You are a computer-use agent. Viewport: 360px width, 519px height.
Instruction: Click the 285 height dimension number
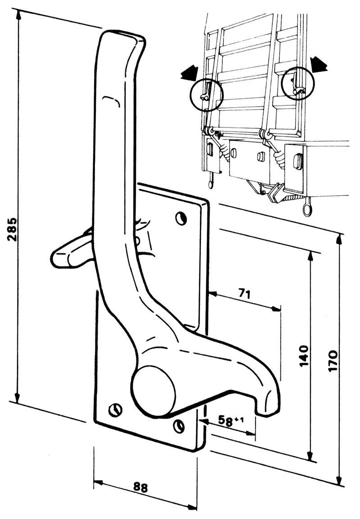point(13,230)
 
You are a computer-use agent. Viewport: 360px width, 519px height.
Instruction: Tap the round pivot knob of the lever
point(153,390)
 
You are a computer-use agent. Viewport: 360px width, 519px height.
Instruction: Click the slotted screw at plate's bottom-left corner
point(116,410)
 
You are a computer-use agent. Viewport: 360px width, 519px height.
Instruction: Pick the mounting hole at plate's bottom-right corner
point(180,425)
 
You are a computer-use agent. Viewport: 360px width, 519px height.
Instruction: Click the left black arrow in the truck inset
point(189,72)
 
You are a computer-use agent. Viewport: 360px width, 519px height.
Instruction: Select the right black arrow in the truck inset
point(319,64)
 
